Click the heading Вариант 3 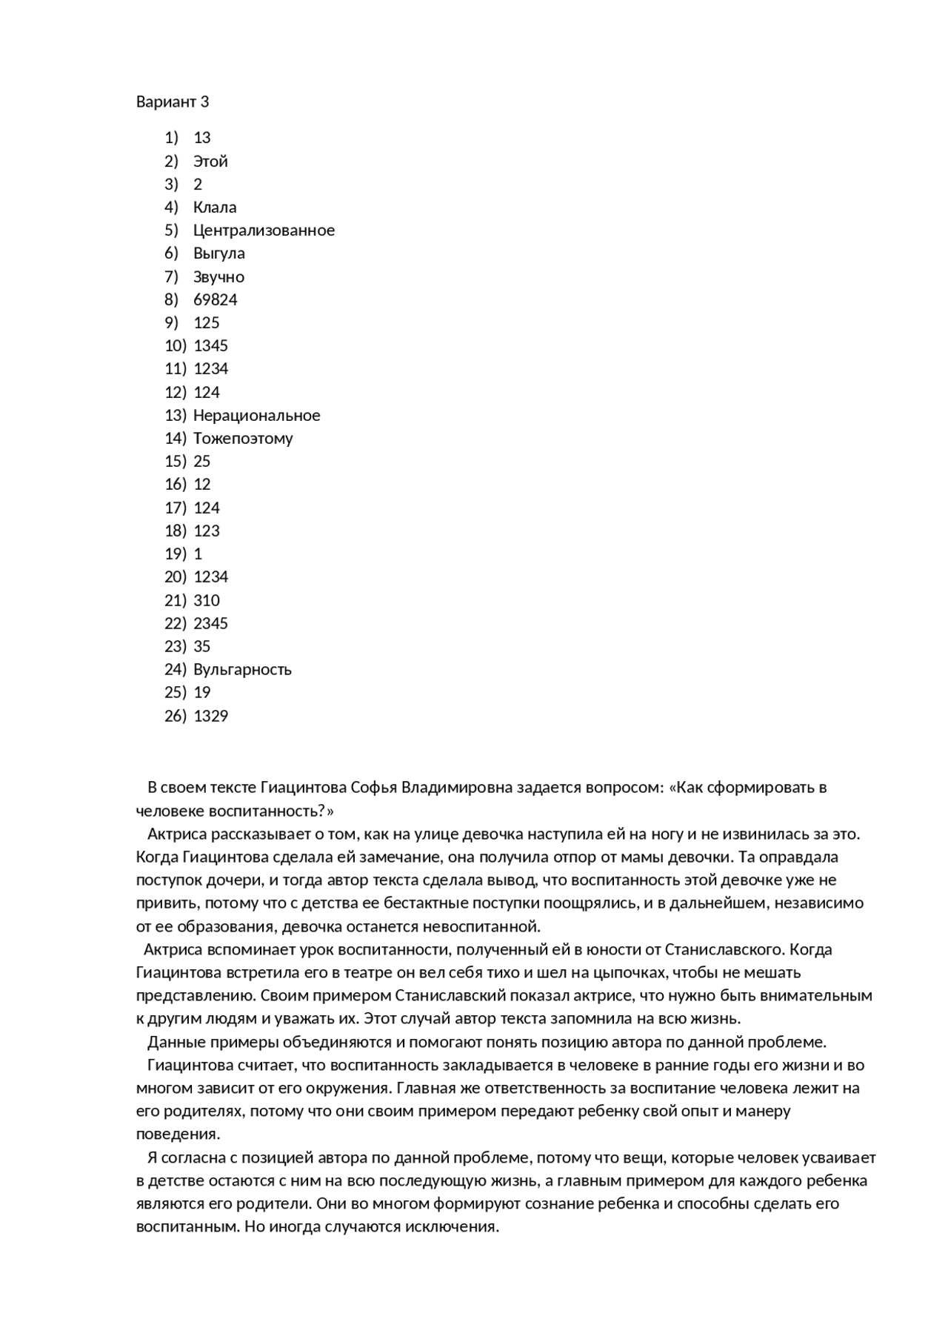pyautogui.click(x=173, y=102)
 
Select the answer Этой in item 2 pyautogui.click(x=210, y=162)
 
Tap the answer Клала pyautogui.click(x=215, y=207)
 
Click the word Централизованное pyautogui.click(x=264, y=230)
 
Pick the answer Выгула pyautogui.click(x=218, y=253)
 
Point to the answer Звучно pyautogui.click(x=218, y=277)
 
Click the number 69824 pyautogui.click(x=215, y=300)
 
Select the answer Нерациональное pyautogui.click(x=256, y=416)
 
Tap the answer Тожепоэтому pyautogui.click(x=243, y=439)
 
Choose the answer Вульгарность pyautogui.click(x=242, y=670)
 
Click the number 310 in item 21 pyautogui.click(x=207, y=600)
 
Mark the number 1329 pyautogui.click(x=210, y=716)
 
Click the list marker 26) pyautogui.click(x=175, y=716)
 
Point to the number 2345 pyautogui.click(x=210, y=623)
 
